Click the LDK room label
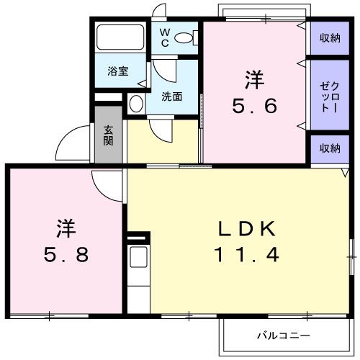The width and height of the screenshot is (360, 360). click(x=247, y=230)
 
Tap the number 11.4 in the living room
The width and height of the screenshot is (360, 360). click(x=246, y=254)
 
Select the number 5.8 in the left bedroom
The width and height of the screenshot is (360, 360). click(x=64, y=255)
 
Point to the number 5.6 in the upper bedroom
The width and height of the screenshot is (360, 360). click(x=254, y=106)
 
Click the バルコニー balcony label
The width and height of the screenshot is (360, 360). click(x=283, y=336)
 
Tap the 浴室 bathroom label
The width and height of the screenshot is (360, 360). click(x=118, y=71)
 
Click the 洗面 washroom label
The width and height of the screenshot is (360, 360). click(x=171, y=96)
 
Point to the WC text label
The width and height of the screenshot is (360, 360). click(x=163, y=37)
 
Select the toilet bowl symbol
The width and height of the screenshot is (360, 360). click(x=185, y=38)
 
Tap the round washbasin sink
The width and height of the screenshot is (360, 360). click(x=136, y=104)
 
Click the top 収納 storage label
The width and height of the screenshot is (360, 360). click(x=329, y=38)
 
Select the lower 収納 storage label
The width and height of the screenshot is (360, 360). click(x=329, y=148)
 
